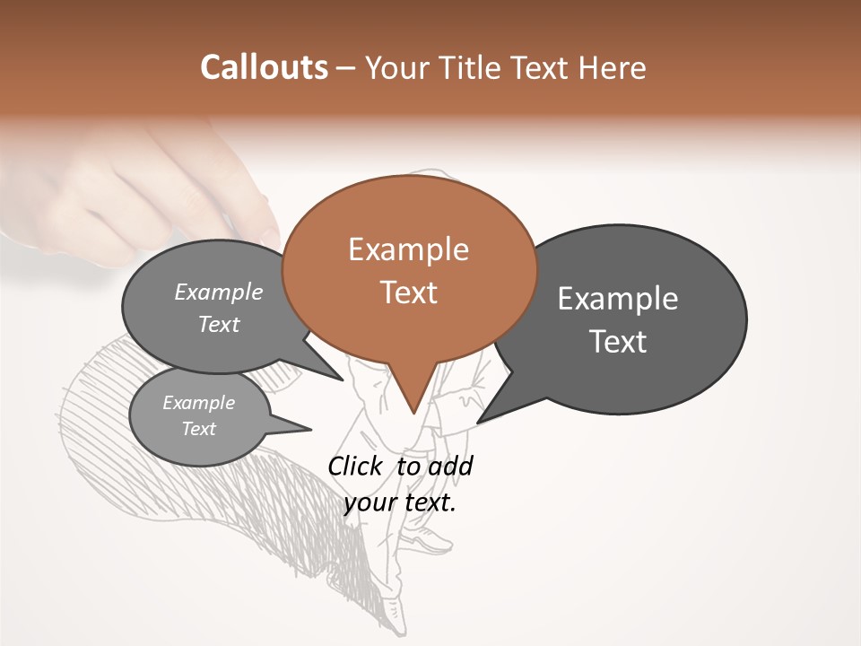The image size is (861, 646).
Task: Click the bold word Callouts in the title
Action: pos(265,67)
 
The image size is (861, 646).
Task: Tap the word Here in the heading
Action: pos(612,67)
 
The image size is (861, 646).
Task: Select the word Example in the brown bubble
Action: pos(408,249)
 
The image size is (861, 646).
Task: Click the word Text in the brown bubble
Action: pos(408,292)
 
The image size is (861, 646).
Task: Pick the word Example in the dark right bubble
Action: pos(618,299)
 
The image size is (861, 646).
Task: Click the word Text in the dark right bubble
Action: pos(618,341)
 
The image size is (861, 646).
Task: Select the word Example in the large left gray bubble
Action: pos(219,292)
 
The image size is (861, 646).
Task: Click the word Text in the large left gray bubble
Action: pos(219,324)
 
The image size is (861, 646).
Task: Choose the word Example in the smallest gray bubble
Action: pos(198,403)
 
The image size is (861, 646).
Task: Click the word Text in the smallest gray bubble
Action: pos(198,429)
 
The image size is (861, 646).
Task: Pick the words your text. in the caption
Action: pos(400,502)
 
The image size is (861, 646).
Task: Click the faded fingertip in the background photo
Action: pos(267,235)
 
